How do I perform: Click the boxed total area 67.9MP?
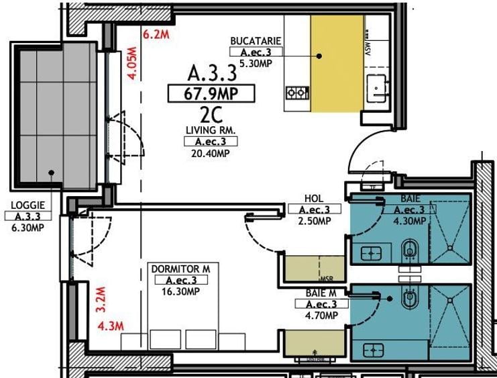pos(211,93)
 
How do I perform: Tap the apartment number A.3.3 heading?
pos(212,72)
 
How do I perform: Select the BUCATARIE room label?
pos(256,41)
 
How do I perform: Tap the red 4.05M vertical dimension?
pos(133,63)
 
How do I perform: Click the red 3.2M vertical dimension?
pos(101,300)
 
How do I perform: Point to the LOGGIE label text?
pos(24,207)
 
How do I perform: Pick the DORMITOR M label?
pos(180,269)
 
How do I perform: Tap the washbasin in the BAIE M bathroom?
pos(372,350)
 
